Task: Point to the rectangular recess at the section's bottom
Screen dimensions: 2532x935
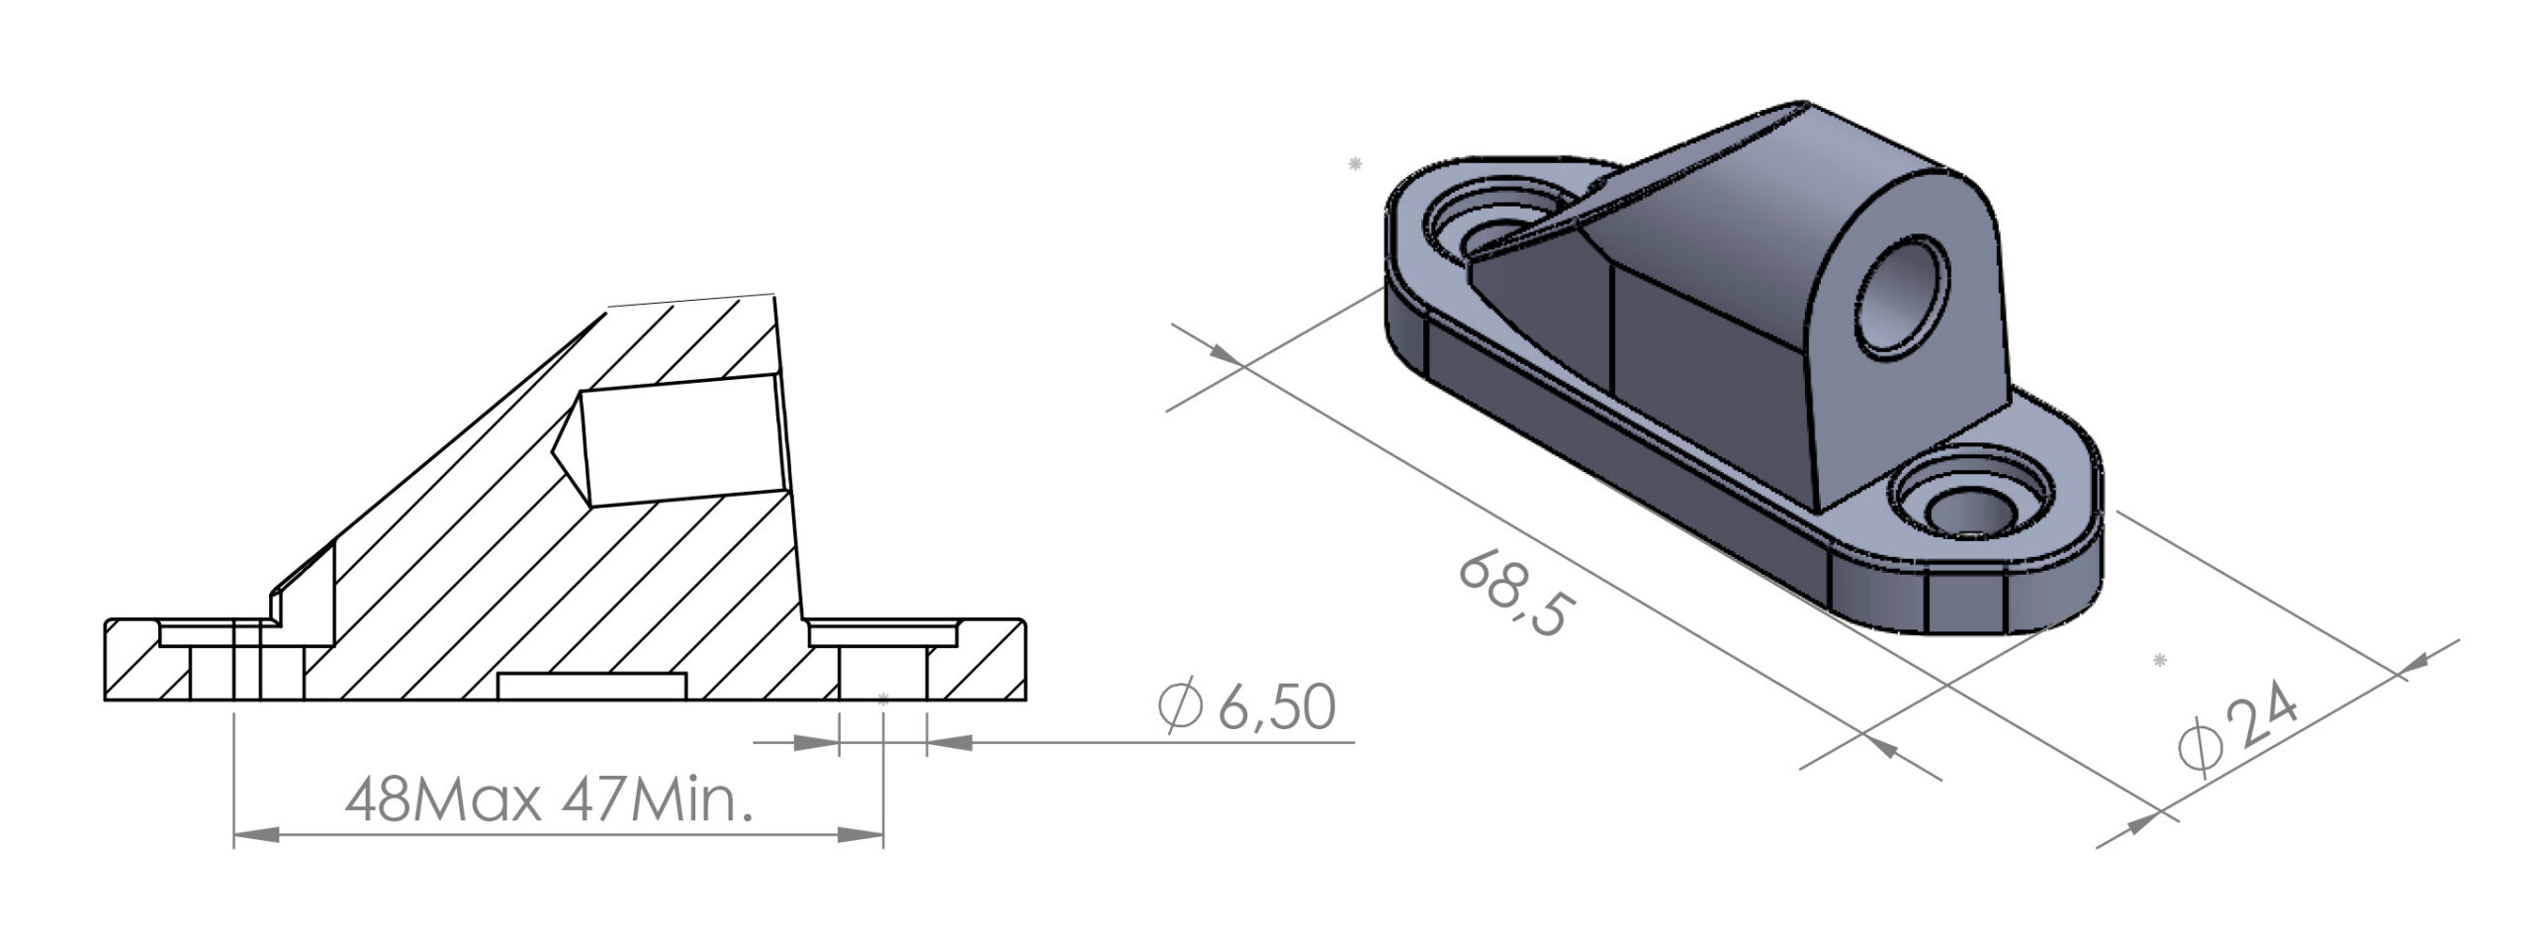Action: (x=591, y=687)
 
